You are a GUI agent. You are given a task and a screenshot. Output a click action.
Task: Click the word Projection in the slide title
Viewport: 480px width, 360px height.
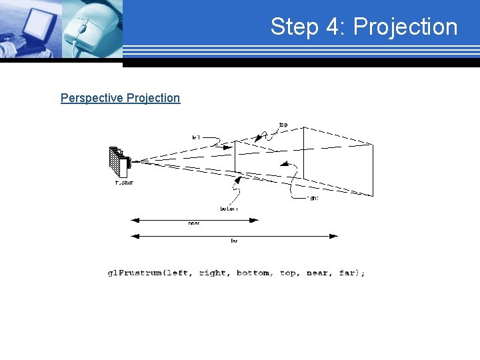(x=405, y=27)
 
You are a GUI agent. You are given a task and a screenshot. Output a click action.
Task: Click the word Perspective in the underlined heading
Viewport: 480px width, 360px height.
(x=91, y=98)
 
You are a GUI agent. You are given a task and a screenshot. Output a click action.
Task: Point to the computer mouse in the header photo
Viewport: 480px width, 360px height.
(x=90, y=28)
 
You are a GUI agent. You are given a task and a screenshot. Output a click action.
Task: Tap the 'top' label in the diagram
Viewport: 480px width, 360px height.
(x=283, y=125)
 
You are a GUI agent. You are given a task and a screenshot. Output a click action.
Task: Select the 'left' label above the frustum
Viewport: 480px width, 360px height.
(x=196, y=137)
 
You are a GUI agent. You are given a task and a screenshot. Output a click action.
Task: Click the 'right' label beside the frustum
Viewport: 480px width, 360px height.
(x=313, y=198)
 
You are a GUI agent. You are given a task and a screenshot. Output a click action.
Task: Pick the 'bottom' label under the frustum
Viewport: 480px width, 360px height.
(x=229, y=209)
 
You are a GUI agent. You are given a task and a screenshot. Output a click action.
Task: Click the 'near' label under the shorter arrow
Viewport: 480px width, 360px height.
(x=193, y=223)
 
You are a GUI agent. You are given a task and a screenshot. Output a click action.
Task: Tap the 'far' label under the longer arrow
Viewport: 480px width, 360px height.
(x=234, y=241)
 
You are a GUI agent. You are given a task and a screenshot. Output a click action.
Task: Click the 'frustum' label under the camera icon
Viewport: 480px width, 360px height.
(x=124, y=183)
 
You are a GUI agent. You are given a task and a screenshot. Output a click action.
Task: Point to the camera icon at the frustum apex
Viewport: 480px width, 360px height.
(x=119, y=160)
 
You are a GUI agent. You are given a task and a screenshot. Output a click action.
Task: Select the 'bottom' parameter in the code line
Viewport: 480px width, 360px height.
(x=253, y=273)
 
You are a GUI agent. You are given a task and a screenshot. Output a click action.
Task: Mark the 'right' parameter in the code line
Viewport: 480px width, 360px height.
(x=212, y=273)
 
